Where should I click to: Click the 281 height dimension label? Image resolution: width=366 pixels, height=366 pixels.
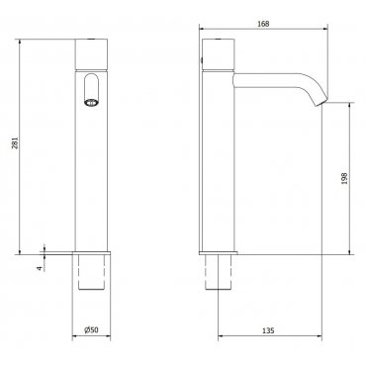[x=15, y=142]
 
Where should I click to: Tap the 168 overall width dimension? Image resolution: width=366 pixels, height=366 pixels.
[x=264, y=24]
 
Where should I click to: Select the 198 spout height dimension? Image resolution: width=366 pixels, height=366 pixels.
[x=345, y=178]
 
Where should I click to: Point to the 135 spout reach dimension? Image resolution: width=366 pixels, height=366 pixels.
[x=269, y=330]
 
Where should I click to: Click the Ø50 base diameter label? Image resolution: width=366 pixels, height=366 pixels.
[x=91, y=329]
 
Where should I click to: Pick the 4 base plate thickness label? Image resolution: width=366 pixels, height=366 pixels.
[x=40, y=268]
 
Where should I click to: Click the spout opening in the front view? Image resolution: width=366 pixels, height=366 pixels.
[x=91, y=90]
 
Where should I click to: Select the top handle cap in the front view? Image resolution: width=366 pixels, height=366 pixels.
[x=92, y=54]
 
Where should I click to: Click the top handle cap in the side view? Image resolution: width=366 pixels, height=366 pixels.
[x=218, y=54]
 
